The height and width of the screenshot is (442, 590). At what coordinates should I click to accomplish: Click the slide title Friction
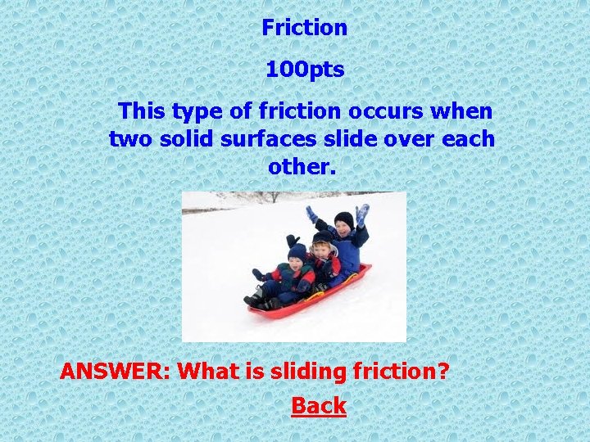pos(304,28)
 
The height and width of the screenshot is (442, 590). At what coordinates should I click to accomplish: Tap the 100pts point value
pos(304,70)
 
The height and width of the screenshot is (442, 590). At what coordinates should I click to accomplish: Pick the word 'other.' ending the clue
pos(302,166)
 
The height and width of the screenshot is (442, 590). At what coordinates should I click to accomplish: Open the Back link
pos(319,406)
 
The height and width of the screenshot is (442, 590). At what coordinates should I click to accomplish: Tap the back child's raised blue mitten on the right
pos(362,214)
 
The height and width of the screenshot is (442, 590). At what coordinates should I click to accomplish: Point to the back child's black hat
pos(344,219)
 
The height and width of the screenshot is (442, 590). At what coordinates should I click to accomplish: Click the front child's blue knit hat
pos(297,251)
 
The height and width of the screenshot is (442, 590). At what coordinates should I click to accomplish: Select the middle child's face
pos(322,250)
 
